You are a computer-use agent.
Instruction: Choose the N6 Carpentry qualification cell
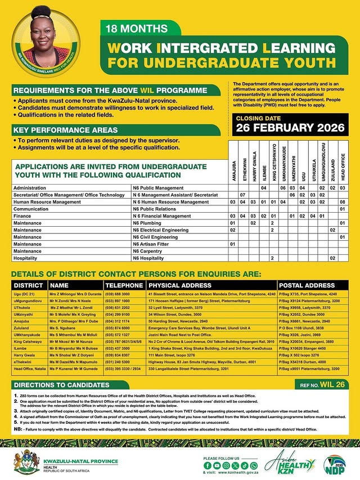coord(152,251)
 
